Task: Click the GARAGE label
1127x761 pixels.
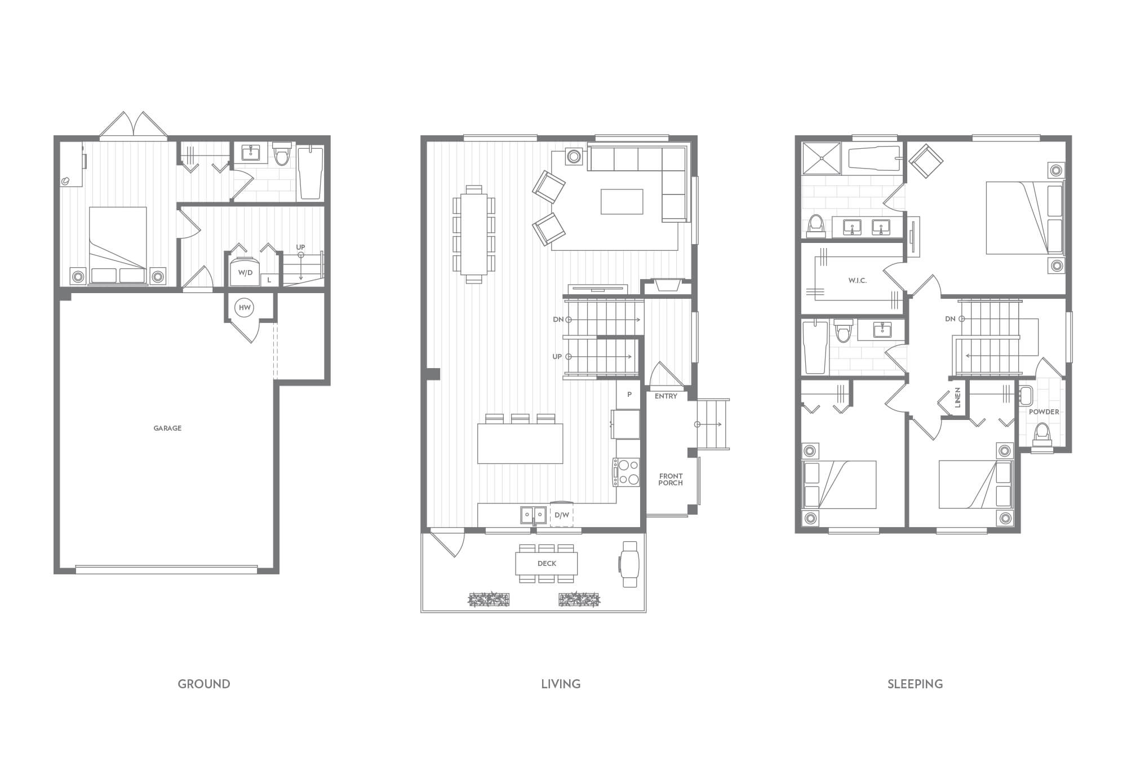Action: point(167,428)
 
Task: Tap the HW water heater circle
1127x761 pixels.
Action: point(245,308)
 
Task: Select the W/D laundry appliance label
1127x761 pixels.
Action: point(245,273)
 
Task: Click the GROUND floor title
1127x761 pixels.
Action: point(204,684)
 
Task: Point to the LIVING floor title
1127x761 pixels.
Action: point(561,684)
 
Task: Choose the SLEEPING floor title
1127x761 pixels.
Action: point(915,684)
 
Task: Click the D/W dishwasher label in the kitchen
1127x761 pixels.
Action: point(561,515)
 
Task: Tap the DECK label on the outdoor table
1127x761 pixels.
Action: point(547,564)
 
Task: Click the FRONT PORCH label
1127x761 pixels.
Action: point(671,480)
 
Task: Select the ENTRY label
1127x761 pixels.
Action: point(665,396)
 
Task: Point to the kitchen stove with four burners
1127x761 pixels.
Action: point(627,472)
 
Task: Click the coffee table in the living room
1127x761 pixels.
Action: point(622,202)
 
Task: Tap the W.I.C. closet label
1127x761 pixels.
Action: point(857,281)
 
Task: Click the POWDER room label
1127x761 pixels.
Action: point(1044,412)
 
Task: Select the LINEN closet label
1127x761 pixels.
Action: point(957,397)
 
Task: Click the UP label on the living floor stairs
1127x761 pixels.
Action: point(557,357)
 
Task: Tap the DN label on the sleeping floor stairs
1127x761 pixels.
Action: point(950,319)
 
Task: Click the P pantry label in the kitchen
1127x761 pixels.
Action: point(629,395)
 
